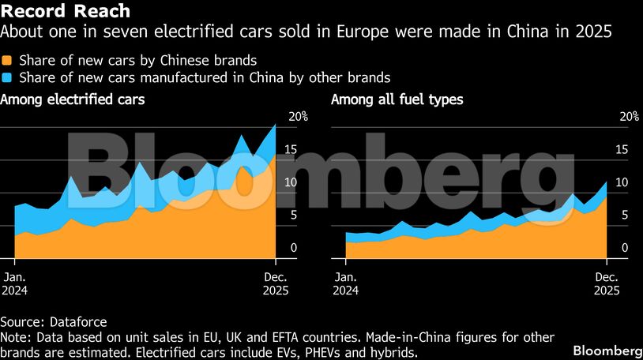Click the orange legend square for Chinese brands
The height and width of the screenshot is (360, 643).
8,60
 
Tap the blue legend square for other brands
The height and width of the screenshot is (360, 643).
8,77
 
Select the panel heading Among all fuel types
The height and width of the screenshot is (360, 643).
397,99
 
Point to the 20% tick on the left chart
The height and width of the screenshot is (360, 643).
298,116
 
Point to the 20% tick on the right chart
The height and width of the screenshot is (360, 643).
629,116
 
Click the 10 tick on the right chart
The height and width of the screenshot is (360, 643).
625,182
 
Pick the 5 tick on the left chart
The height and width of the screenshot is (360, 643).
294,215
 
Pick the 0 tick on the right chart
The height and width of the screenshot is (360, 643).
625,248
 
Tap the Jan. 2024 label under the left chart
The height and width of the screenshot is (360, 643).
16,283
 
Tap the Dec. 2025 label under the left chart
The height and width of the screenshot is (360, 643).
275,283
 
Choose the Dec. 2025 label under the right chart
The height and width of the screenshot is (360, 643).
606,283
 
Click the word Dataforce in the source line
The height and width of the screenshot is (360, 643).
77,322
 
